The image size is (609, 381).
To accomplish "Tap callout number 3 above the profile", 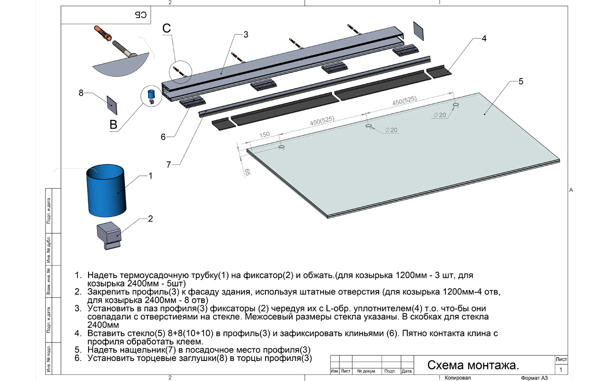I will coord(246,34).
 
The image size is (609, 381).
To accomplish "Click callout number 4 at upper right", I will coord(484,39).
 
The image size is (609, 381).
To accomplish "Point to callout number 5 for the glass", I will coord(521,81).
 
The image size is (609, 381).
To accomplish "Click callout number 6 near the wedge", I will coord(163,137).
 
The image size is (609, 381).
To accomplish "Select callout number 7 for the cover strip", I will coord(168,165).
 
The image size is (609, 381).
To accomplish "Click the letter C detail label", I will coord(167,29).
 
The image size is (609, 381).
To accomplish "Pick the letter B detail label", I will coord(113,125).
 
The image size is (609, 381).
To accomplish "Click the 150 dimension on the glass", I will coord(265,135).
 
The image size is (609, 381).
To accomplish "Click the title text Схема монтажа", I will coord(472,365).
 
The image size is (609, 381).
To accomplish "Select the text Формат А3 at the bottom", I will coord(534,378).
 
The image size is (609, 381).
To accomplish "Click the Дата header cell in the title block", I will coord(406,371).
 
